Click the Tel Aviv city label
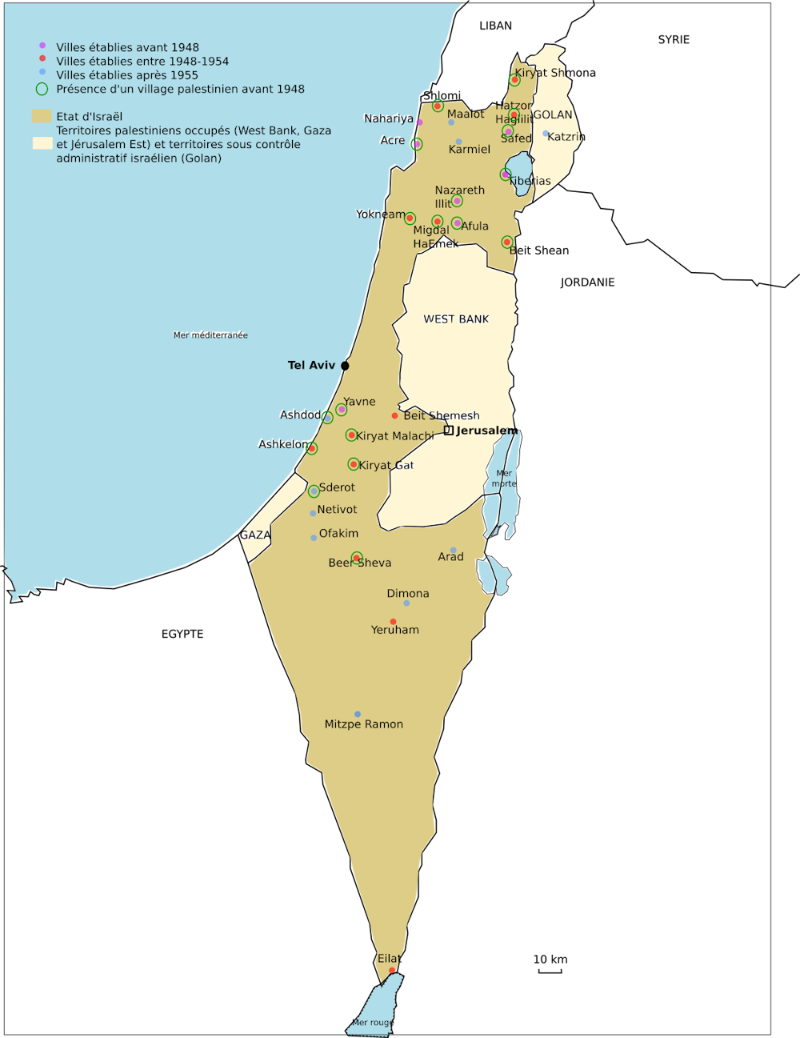[311, 365]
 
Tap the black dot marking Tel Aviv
[345, 366]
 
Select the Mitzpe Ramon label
[363, 724]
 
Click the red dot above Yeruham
[393, 622]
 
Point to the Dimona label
[408, 594]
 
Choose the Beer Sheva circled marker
[357, 558]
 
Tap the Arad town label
[450, 557]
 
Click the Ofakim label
[338, 533]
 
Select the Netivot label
[337, 509]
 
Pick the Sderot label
[337, 487]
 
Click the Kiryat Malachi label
[394, 436]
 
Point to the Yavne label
[359, 402]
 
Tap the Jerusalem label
[486, 431]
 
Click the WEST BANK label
[456, 319]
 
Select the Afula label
[474, 226]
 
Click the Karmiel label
[470, 150]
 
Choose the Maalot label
[466, 114]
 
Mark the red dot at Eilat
[392, 971]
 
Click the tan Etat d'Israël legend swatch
[42, 116]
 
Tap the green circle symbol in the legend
[42, 89]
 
